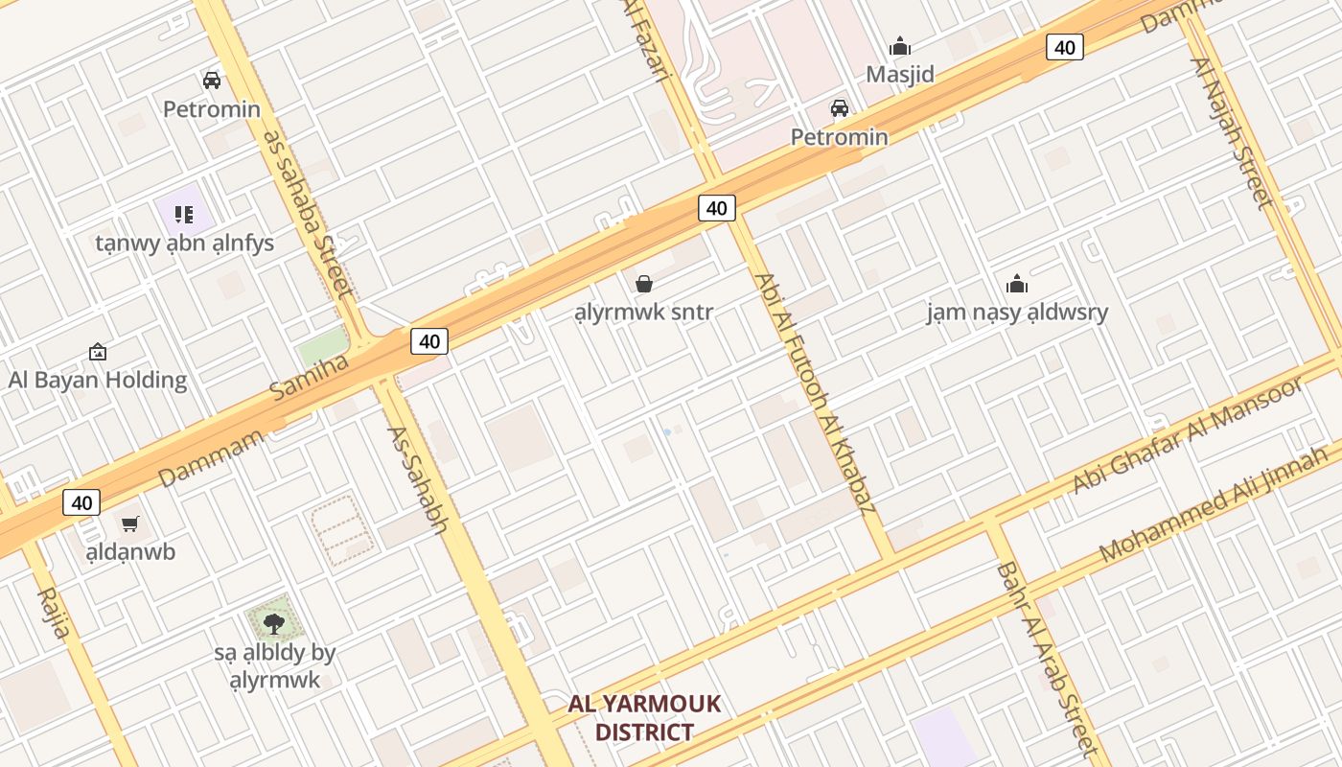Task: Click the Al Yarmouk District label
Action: click(643, 718)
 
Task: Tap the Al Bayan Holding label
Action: click(98, 380)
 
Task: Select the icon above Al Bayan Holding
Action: click(97, 353)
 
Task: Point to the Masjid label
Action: click(900, 74)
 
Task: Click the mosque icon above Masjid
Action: click(900, 46)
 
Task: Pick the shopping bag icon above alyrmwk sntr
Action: click(644, 283)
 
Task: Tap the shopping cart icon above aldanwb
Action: click(130, 523)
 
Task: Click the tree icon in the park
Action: click(274, 624)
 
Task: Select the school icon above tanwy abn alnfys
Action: click(184, 214)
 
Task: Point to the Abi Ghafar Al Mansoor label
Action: click(1188, 435)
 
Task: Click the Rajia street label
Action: click(54, 613)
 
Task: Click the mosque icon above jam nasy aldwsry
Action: click(1017, 284)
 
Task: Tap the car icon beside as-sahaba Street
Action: click(212, 81)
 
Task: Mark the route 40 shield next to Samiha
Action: click(429, 340)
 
